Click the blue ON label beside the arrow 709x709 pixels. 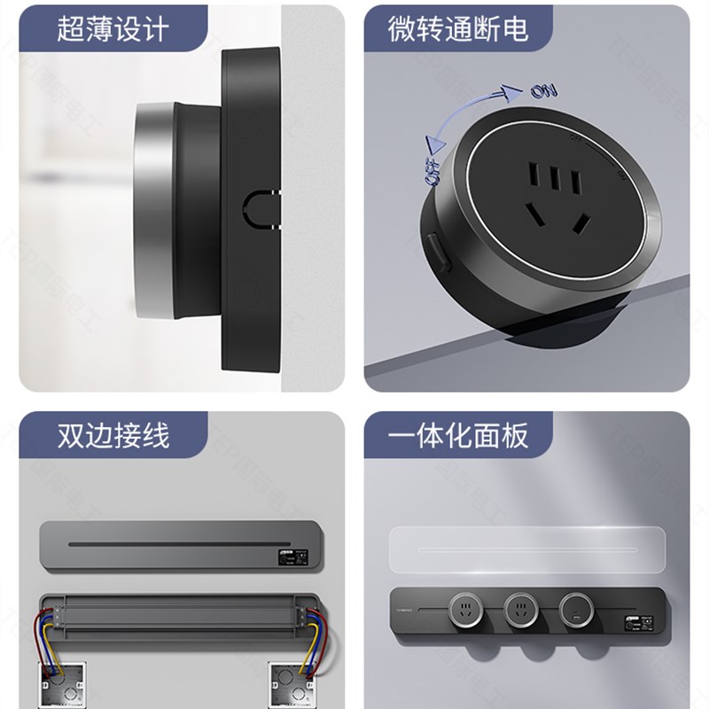tap(543, 90)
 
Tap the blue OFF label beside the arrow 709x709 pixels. tap(433, 168)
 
